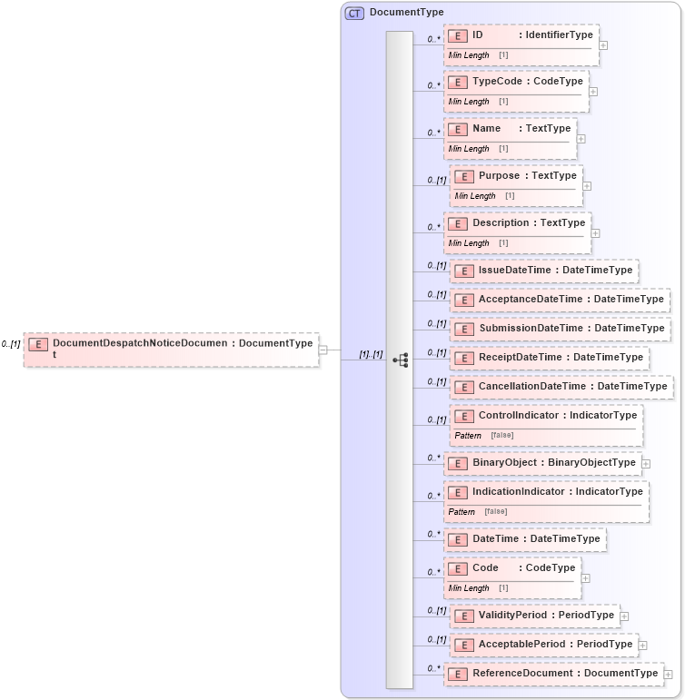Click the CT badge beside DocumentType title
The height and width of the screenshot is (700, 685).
pyautogui.click(x=354, y=13)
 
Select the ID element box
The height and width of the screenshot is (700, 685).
pyautogui.click(x=521, y=35)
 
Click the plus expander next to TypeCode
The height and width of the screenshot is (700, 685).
pyautogui.click(x=593, y=91)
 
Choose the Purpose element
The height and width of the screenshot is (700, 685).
pyautogui.click(x=516, y=176)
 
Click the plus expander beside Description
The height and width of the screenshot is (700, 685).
pyautogui.click(x=596, y=232)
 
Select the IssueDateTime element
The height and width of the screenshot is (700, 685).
pyautogui.click(x=543, y=271)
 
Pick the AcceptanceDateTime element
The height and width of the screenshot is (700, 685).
pyautogui.click(x=560, y=300)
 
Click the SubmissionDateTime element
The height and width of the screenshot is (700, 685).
pyautogui.click(x=560, y=329)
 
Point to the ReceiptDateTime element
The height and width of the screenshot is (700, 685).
pyautogui.click(x=550, y=358)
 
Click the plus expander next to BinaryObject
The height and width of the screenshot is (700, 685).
pyautogui.click(x=646, y=463)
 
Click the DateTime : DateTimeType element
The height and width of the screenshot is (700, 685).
pyautogui.click(x=525, y=539)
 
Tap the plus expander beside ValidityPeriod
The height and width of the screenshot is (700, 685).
pyautogui.click(x=624, y=616)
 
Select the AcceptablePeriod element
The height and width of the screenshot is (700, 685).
pyautogui.click(x=543, y=645)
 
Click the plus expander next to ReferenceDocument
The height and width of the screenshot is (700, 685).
pyautogui.click(x=668, y=674)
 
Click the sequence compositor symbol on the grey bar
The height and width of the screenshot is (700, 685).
pyautogui.click(x=400, y=360)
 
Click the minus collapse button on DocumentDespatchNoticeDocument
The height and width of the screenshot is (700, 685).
pyautogui.click(x=323, y=350)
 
